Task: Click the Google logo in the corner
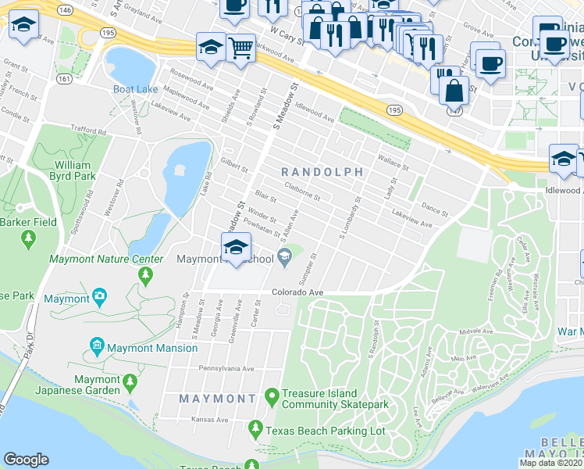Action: (x=26, y=460)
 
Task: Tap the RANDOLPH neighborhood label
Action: (x=322, y=171)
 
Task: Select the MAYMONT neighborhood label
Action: (x=217, y=399)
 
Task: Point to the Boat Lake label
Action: (x=130, y=89)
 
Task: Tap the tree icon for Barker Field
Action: (x=29, y=237)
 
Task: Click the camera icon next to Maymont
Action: (x=99, y=297)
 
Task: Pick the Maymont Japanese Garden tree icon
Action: (x=130, y=383)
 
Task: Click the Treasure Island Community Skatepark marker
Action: (x=272, y=397)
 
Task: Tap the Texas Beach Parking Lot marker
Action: (x=255, y=428)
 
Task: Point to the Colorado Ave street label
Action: (x=297, y=292)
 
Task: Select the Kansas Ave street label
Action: (x=210, y=420)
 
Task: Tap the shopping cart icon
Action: (x=240, y=48)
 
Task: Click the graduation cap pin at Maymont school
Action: (x=234, y=248)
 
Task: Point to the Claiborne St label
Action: (x=302, y=192)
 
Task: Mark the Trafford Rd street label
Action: (x=87, y=131)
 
